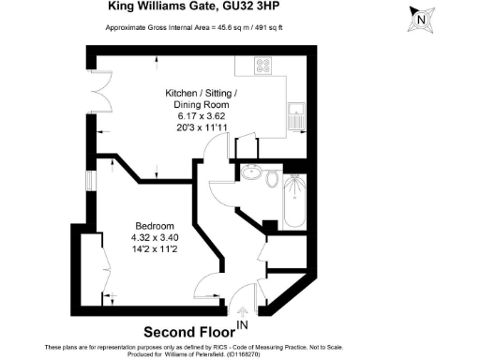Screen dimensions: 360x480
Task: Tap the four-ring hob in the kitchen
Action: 264,65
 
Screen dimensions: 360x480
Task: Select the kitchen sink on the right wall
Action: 298,113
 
